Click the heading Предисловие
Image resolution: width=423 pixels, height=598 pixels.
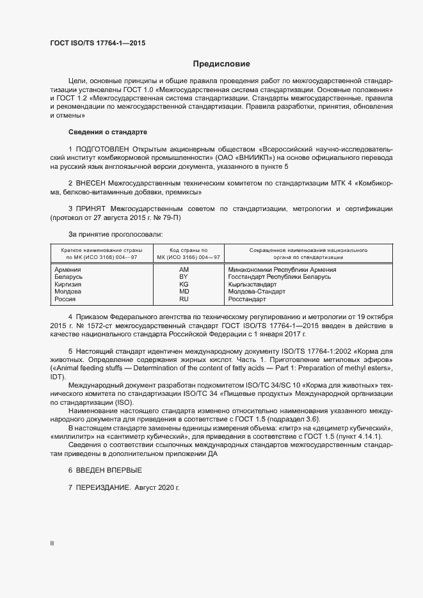pos(221,64)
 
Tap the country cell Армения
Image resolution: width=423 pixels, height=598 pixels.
pos(68,270)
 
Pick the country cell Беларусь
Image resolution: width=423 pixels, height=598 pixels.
pos(69,277)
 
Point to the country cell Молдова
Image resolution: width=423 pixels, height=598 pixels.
pos(68,292)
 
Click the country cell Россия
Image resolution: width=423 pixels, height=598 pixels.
pos(66,299)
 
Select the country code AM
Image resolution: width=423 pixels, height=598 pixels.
pos(184,270)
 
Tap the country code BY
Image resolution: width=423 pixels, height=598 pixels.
pos(184,277)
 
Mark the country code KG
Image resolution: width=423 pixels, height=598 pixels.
pos(184,284)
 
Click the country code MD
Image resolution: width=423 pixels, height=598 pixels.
pos(184,292)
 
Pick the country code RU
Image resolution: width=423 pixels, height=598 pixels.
pos(184,299)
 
